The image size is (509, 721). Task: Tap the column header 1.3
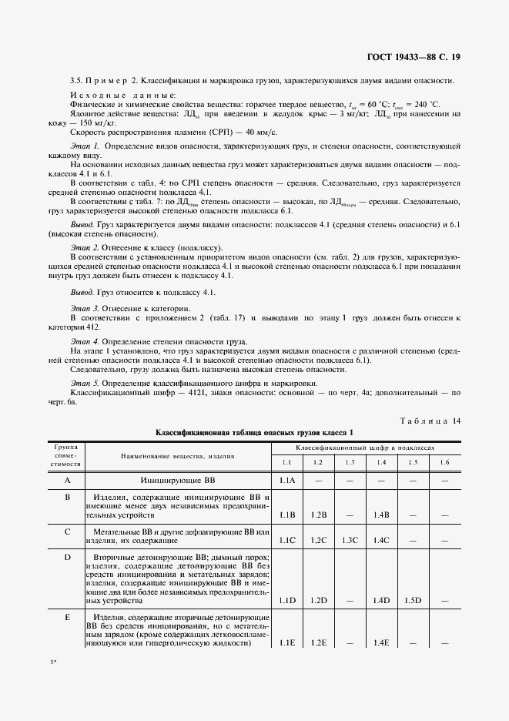tap(350, 462)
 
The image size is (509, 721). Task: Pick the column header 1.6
tap(444, 462)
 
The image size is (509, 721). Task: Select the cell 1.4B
tap(380, 515)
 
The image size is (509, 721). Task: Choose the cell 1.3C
tap(350, 541)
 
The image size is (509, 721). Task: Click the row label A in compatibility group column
tap(67, 481)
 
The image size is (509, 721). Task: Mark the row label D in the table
tap(67, 557)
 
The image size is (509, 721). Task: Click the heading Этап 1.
tap(85, 146)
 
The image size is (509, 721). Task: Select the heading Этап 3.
tap(85, 307)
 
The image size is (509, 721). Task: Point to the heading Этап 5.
tap(85, 383)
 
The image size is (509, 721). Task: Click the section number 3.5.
tap(75, 81)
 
